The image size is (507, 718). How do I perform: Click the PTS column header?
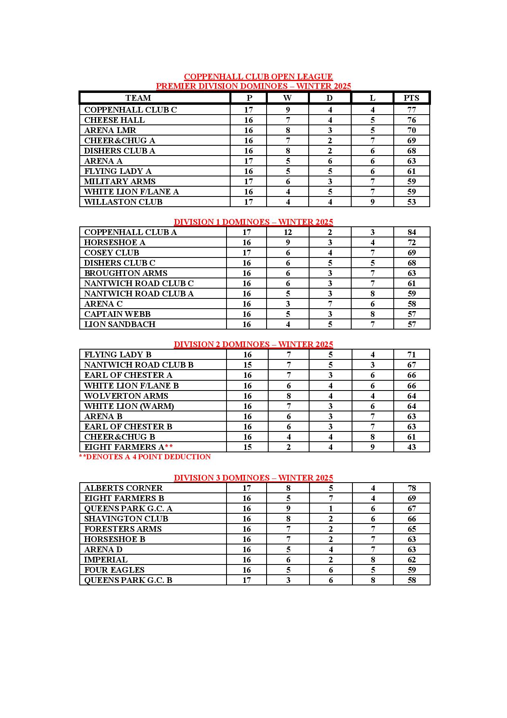(411, 98)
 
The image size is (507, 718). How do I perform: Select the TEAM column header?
(138, 98)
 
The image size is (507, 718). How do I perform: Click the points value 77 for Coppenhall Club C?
(411, 110)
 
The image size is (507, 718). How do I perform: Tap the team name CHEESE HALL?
(114, 120)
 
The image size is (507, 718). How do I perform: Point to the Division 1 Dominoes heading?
(253, 222)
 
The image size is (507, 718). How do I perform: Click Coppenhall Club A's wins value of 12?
(288, 232)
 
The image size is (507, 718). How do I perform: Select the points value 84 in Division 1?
(412, 232)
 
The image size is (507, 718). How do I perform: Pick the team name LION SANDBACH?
(120, 324)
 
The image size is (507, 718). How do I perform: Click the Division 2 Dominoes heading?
(253, 344)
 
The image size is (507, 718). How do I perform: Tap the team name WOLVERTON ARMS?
(126, 396)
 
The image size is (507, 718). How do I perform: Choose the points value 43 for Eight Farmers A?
(412, 447)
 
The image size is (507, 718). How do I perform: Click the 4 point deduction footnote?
(145, 457)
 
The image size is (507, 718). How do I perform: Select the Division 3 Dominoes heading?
(253, 478)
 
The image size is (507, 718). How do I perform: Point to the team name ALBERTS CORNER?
(123, 488)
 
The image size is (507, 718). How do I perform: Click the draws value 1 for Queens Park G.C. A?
(331, 508)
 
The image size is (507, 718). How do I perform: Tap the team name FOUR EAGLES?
(114, 570)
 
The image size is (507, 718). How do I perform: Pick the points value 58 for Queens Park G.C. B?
(412, 580)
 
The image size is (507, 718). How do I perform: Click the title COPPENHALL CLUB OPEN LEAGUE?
(258, 77)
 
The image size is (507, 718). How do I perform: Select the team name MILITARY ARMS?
(120, 181)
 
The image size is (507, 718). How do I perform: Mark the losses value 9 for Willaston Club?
(372, 202)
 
